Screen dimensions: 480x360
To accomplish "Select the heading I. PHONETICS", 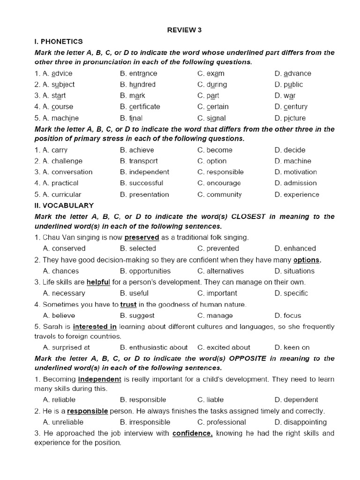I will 59,41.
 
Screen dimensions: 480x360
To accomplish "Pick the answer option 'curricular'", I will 66,195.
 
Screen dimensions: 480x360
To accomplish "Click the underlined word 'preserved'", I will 142,237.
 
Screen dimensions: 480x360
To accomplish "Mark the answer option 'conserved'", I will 68,248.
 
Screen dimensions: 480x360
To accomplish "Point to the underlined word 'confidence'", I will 192,434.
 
